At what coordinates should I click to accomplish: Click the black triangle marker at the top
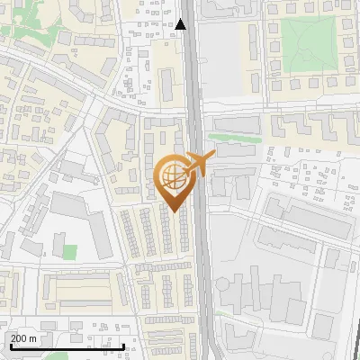182,25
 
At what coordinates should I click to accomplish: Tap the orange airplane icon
200,165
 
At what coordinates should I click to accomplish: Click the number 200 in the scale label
19,338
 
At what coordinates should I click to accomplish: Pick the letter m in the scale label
34,338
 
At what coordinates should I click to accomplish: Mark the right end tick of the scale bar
124,345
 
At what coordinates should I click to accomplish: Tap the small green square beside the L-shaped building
70,251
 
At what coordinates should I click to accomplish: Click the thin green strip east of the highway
238,139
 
